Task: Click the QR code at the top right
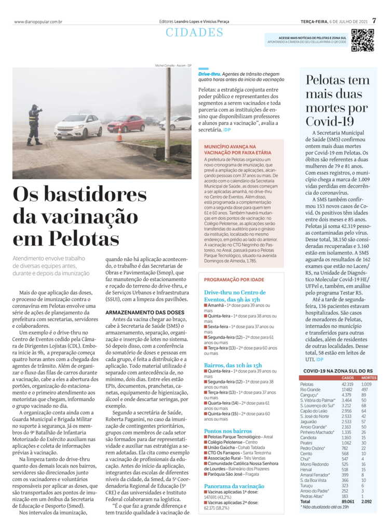362,40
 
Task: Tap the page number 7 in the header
374,21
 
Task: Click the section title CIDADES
194,33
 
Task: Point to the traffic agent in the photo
35,125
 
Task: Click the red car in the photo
126,124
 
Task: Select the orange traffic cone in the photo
119,136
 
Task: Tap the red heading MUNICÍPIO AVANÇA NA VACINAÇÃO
230,150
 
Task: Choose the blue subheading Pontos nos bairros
228,431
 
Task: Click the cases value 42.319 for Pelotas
347,384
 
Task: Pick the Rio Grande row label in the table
311,389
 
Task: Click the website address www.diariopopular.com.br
38,22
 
